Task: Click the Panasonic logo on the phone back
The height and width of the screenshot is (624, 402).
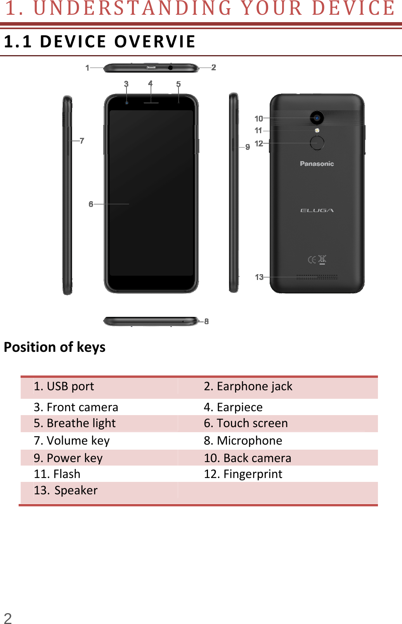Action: [317, 164]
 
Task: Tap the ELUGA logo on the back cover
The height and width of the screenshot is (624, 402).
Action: [317, 210]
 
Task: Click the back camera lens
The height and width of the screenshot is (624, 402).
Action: [317, 118]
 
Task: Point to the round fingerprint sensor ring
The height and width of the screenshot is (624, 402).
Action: [317, 143]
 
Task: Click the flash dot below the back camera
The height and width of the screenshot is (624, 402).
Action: [317, 130]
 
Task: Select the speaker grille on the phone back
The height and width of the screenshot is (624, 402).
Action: [317, 277]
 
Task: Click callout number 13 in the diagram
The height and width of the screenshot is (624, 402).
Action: [259, 277]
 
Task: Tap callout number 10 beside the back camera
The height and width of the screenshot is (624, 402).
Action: [259, 118]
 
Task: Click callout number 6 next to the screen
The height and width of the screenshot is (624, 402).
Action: [91, 204]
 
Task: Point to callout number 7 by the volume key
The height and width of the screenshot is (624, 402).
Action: [82, 141]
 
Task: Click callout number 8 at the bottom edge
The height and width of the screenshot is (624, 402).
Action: [206, 321]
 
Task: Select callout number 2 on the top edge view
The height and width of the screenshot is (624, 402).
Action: [213, 68]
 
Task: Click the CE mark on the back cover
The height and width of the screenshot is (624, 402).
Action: [312, 259]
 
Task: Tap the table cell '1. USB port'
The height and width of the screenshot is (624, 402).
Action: [64, 386]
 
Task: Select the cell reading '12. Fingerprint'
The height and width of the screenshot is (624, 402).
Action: [243, 474]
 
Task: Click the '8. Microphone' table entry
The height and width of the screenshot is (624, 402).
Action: [243, 441]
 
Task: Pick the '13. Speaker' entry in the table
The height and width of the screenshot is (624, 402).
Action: [66, 490]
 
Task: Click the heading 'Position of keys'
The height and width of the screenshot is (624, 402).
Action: [55, 347]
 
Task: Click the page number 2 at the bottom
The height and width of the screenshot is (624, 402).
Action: [8, 618]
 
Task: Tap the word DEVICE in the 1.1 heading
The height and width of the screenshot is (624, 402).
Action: [73, 42]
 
